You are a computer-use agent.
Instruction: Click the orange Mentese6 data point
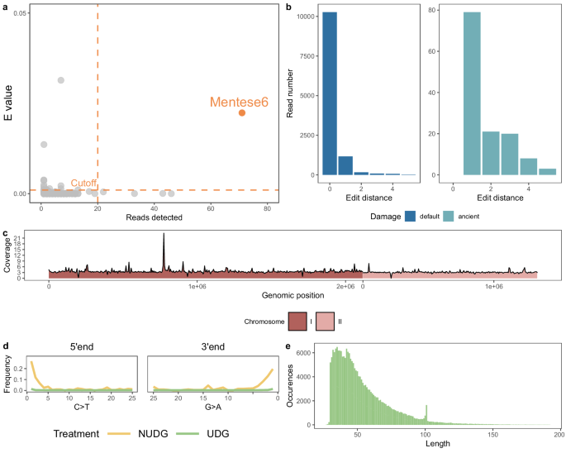242,112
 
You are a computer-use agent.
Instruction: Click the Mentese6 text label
239,103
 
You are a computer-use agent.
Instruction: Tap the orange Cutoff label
84,183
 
